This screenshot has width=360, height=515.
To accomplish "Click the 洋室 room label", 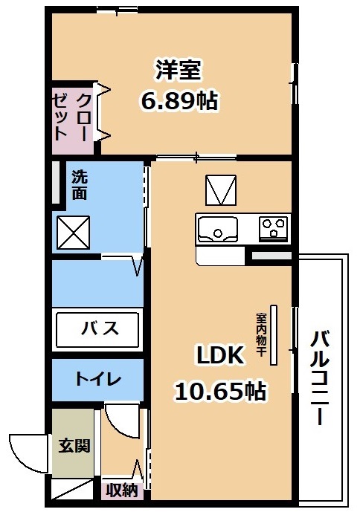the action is point(178,70).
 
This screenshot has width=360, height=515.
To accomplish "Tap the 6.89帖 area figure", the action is point(179,100).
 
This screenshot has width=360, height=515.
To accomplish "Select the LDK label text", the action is point(220,355).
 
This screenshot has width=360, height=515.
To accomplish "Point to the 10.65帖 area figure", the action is point(220,390).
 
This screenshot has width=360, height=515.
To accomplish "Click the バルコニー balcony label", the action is point(320,378).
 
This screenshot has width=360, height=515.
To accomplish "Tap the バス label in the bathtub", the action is point(100,328).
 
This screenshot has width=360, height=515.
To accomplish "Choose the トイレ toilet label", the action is point(98,379).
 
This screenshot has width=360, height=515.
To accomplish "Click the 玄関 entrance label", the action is point(74,446).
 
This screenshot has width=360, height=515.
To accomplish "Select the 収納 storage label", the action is point(122,490).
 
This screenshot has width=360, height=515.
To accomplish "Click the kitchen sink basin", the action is point(217,229).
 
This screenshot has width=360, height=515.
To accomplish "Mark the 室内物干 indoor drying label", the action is point(261,334).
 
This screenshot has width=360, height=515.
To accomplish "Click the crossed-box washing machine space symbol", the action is point(74,233).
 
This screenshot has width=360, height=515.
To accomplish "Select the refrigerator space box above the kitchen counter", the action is point(221,190).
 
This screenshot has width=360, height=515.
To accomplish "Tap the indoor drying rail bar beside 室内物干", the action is point(274,334).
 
